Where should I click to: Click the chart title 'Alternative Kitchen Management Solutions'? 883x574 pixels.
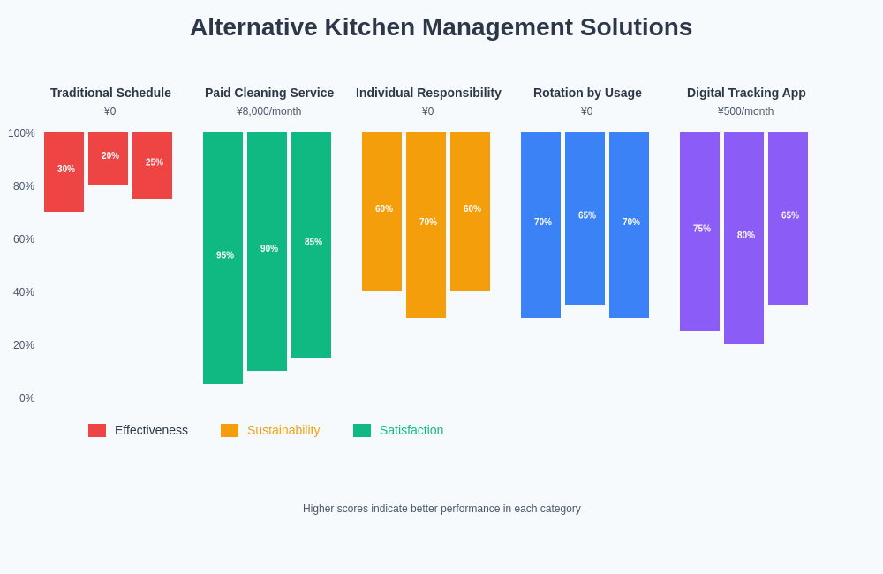441,27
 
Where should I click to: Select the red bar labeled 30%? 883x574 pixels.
64,172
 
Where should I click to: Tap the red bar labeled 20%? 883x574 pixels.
108,159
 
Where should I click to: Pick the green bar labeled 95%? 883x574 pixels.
223,258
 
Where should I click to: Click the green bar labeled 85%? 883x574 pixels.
311,245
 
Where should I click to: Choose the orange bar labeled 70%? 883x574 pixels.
426,225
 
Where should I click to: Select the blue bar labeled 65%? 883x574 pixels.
585,218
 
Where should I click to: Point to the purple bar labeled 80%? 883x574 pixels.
743,238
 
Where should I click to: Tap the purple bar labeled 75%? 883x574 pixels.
699,231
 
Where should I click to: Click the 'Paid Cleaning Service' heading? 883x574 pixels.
269,93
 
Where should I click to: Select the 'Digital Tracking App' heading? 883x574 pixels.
746,93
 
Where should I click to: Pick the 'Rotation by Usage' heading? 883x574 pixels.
587,93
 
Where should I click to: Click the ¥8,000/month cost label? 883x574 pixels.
269,111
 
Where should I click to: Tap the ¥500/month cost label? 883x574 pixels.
746,111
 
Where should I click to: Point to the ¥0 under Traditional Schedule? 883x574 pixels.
110,111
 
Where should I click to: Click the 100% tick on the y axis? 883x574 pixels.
22,133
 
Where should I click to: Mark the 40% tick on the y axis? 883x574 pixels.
24,292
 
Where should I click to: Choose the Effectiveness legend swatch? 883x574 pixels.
97,430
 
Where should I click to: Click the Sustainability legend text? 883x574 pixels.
283,430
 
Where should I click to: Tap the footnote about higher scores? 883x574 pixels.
441,509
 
